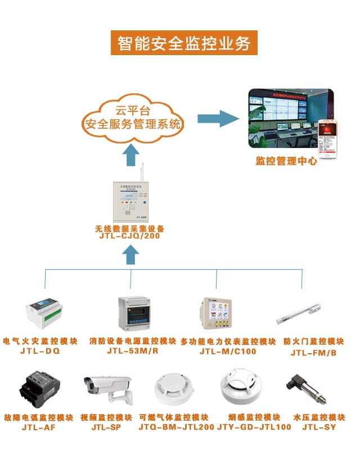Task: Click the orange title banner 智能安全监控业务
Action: [x=184, y=44]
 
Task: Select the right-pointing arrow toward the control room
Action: [x=218, y=118]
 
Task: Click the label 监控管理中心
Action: [x=286, y=161]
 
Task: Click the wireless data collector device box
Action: [x=130, y=200]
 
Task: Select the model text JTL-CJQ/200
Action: [x=130, y=237]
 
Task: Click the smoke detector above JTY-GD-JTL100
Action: [x=241, y=388]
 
